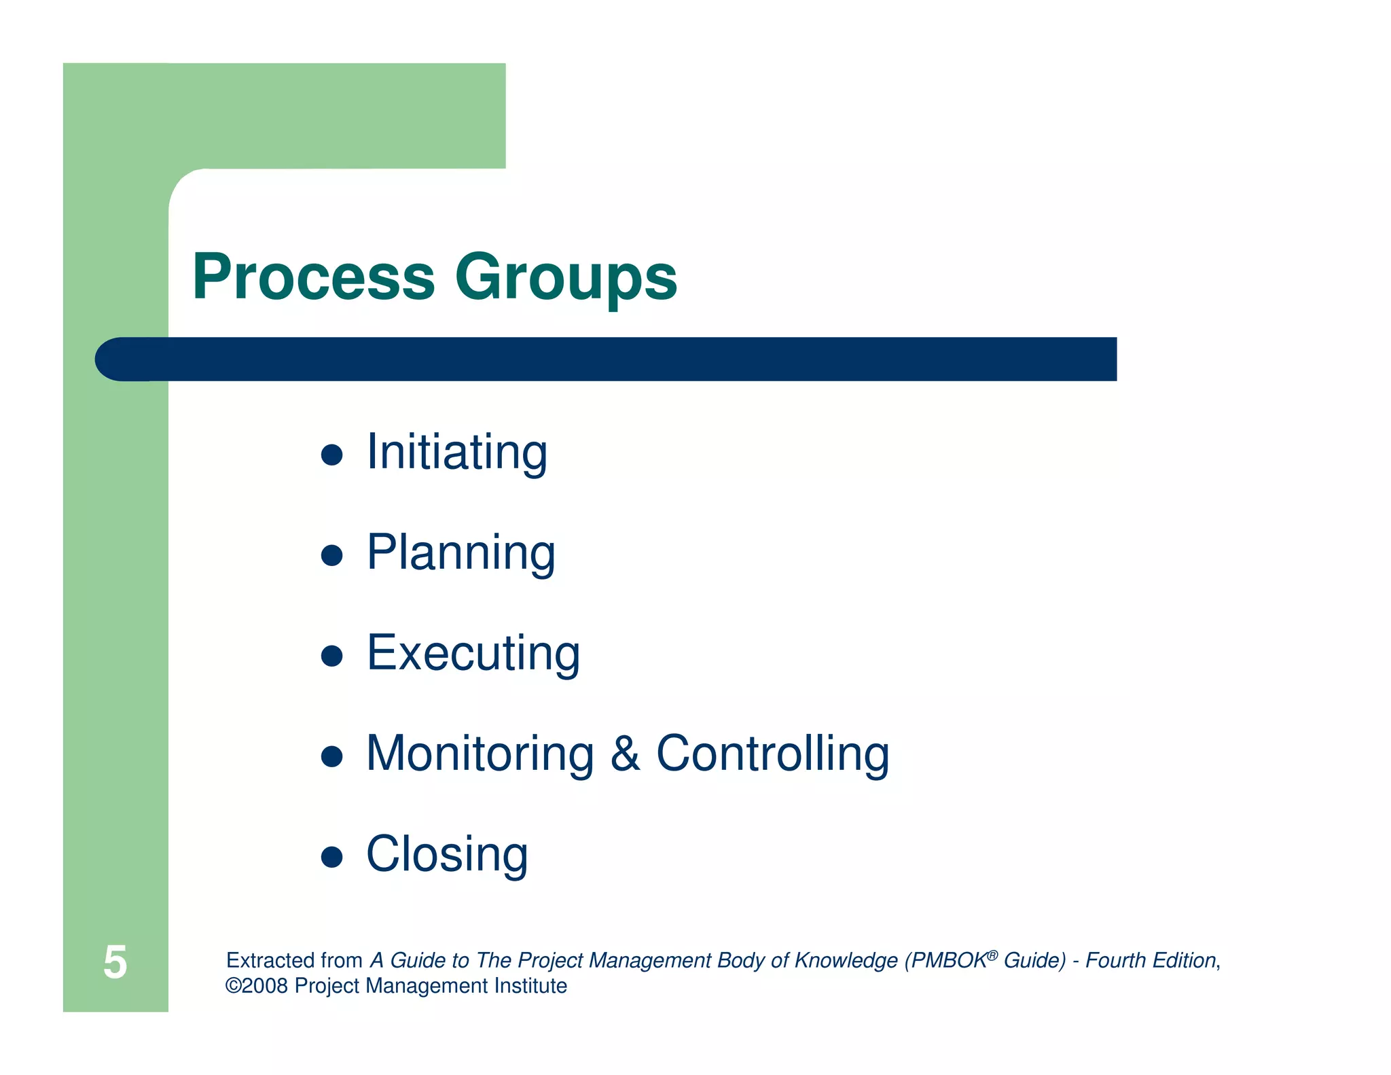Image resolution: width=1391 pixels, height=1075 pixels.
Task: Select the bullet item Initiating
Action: pyautogui.click(x=456, y=452)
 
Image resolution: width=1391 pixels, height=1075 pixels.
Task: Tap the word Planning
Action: pyautogui.click(x=460, y=552)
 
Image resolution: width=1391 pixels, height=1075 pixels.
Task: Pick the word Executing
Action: pyautogui.click(x=473, y=653)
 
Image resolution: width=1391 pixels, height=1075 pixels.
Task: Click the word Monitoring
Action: pyautogui.click(x=480, y=754)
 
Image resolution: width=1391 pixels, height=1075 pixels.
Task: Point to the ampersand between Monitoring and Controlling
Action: pyautogui.click(x=625, y=754)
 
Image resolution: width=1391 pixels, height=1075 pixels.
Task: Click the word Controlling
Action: pyautogui.click(x=772, y=754)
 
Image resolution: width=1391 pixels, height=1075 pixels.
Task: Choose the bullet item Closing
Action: pyautogui.click(x=447, y=854)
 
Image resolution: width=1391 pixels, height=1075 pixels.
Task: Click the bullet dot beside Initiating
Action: pyautogui.click(x=331, y=455)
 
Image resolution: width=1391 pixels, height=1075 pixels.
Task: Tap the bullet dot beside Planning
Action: pyautogui.click(x=331, y=555)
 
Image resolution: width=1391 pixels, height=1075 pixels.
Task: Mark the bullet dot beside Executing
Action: pyautogui.click(x=331, y=656)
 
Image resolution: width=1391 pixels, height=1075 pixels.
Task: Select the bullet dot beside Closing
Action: pyautogui.click(x=331, y=857)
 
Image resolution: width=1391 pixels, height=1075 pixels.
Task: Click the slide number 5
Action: pyautogui.click(x=115, y=962)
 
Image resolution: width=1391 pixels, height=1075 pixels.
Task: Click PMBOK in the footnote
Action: pyautogui.click(x=948, y=960)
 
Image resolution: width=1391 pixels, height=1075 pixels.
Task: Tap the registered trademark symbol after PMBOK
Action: pyautogui.click(x=992, y=955)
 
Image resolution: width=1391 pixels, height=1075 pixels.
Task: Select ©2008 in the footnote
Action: pyautogui.click(x=256, y=986)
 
